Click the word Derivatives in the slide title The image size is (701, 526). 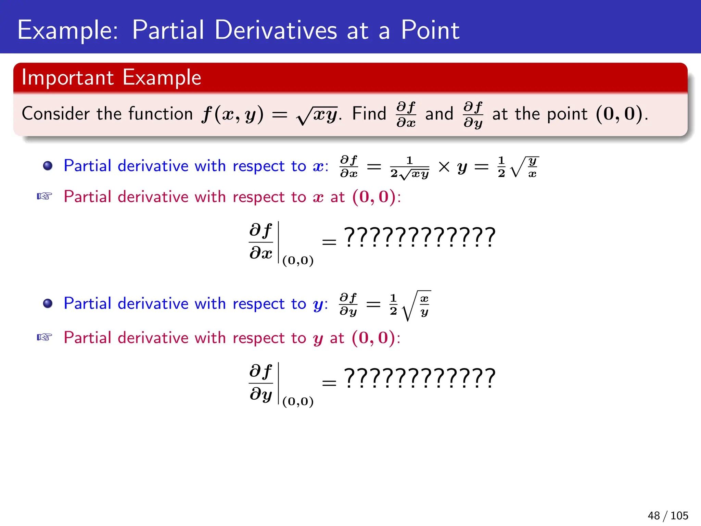coord(276,30)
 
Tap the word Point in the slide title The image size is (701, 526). coord(430,30)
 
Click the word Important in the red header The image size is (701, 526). coord(67,77)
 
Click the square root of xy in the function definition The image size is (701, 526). coord(317,115)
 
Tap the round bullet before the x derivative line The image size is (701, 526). coord(48,166)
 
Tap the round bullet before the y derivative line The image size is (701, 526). coord(48,303)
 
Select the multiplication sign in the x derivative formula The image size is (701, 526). coord(444,167)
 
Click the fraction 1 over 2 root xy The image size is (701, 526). coord(409,167)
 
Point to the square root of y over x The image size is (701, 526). coord(524,167)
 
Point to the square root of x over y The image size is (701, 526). coord(416,305)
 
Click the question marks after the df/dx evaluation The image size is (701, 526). coord(420,237)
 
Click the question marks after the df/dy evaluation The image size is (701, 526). coord(420,378)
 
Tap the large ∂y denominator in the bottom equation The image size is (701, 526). coord(261,394)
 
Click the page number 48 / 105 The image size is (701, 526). coord(667,515)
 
